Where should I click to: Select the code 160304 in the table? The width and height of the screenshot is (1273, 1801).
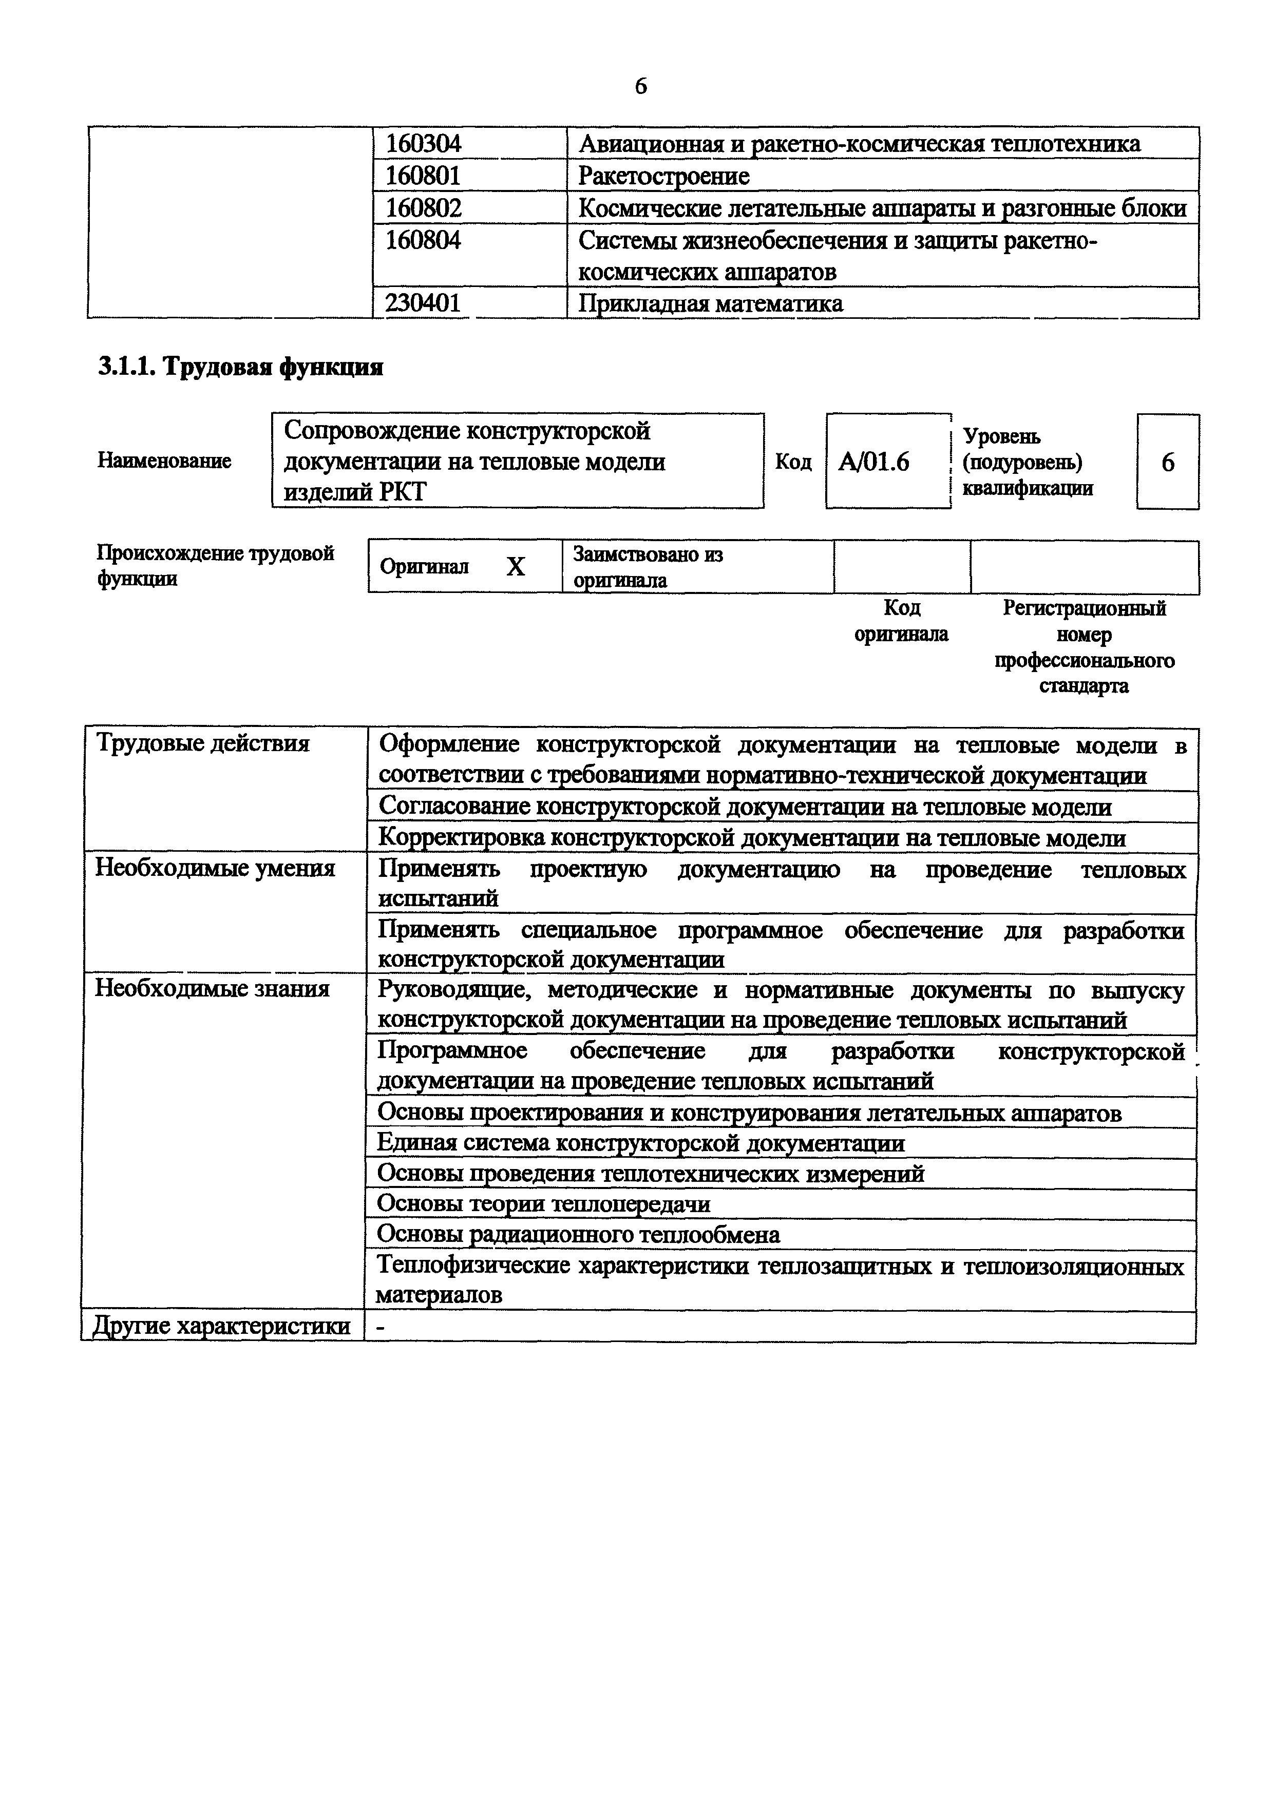point(424,144)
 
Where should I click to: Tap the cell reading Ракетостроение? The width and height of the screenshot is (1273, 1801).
point(663,176)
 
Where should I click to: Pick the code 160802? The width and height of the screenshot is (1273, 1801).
point(424,208)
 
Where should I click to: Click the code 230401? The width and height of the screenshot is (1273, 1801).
point(424,303)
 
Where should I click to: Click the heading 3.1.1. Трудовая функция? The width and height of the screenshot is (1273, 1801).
point(240,367)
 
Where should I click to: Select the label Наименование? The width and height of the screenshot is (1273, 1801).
point(164,461)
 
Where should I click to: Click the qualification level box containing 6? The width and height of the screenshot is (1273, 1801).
point(1167,462)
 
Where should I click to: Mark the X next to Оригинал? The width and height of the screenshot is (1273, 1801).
point(516,566)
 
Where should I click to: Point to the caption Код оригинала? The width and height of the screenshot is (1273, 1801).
point(901,621)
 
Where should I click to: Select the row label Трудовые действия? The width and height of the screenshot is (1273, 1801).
point(202,743)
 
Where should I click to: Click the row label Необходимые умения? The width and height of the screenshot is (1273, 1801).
point(215,868)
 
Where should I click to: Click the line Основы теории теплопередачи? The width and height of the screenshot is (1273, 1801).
point(544,1203)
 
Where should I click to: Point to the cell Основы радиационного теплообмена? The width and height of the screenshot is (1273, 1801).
point(579,1235)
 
